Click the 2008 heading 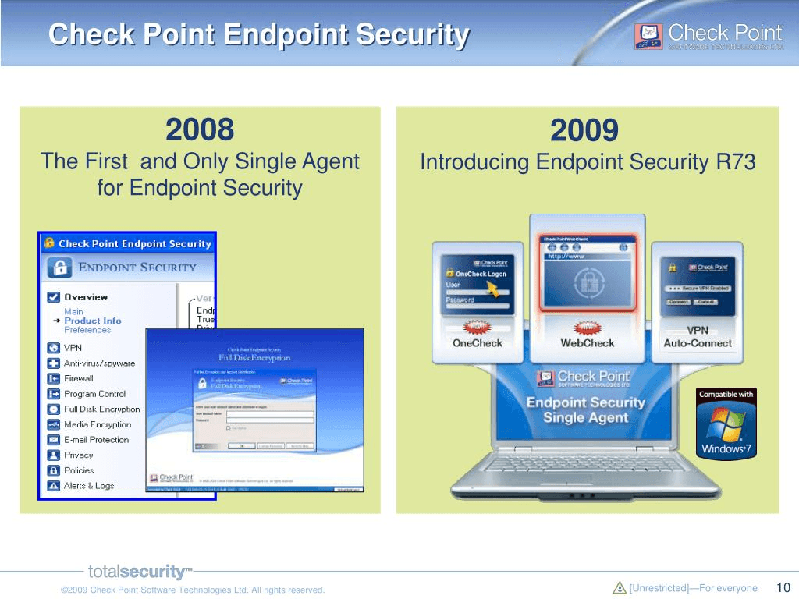pyautogui.click(x=200, y=129)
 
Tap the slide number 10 pyautogui.click(x=783, y=588)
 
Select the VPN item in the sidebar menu pyautogui.click(x=73, y=348)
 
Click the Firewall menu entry pyautogui.click(x=78, y=378)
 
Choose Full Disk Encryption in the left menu pyautogui.click(x=101, y=409)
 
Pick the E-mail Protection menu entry pyautogui.click(x=96, y=440)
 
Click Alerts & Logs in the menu pyautogui.click(x=88, y=486)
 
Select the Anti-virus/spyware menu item pyautogui.click(x=99, y=363)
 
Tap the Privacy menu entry pyautogui.click(x=78, y=455)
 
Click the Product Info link pyautogui.click(x=92, y=321)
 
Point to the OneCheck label pyautogui.click(x=478, y=343)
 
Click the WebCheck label pyautogui.click(x=588, y=343)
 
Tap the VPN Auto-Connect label pyautogui.click(x=698, y=337)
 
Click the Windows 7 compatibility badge pyautogui.click(x=726, y=422)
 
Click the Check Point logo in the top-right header pyautogui.click(x=708, y=36)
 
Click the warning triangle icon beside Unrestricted pyautogui.click(x=620, y=588)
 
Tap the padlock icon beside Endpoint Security pyautogui.click(x=59, y=268)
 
